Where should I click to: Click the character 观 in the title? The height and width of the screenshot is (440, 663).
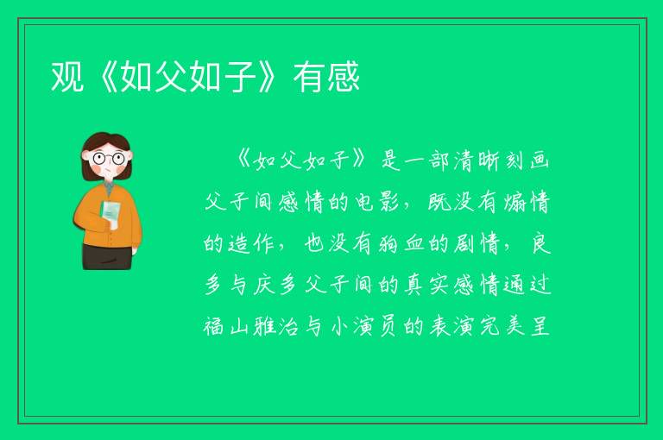point(67,77)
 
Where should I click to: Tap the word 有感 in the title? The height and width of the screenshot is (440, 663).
point(326,77)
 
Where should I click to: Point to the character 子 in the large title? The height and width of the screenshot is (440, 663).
point(240,77)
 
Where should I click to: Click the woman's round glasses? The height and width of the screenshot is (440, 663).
point(108,159)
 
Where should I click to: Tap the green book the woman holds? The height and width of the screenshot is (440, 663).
point(110,213)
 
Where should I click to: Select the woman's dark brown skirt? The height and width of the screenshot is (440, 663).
point(107,256)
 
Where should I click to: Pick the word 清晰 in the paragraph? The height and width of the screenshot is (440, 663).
point(477,161)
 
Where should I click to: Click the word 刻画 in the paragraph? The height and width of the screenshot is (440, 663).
point(527,161)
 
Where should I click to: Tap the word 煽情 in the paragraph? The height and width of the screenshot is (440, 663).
point(527,202)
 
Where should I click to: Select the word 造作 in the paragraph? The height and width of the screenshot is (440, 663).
point(250,243)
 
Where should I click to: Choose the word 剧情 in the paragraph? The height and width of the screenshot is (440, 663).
point(477,243)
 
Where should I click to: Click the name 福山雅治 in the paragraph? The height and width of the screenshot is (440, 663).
point(252,326)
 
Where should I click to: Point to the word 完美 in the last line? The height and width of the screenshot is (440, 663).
point(502,326)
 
